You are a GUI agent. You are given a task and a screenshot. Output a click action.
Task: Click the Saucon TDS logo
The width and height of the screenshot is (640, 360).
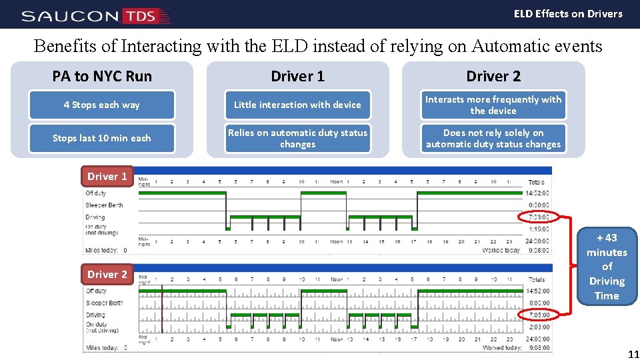tap(95, 15)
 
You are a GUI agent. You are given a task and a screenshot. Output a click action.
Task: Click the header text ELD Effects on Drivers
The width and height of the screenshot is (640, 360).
tap(568, 13)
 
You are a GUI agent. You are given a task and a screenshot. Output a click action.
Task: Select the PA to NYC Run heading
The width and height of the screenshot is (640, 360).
tap(102, 76)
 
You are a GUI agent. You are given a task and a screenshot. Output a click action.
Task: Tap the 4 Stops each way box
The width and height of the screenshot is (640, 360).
tap(102, 105)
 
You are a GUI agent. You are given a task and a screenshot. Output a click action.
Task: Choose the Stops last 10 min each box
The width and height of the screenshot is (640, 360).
tap(102, 138)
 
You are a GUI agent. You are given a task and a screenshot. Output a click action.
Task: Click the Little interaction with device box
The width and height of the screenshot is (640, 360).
tap(297, 105)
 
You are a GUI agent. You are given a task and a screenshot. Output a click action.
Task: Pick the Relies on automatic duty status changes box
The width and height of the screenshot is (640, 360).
tap(297, 138)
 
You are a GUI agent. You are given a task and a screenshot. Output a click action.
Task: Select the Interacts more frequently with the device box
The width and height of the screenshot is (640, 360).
tap(493, 105)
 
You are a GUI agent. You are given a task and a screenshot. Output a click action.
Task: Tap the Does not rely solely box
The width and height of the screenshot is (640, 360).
tap(493, 138)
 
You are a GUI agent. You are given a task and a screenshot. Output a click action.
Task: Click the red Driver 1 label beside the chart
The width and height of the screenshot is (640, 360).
tap(107, 177)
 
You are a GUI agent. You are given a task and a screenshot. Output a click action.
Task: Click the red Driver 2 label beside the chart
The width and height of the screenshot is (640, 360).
tap(107, 274)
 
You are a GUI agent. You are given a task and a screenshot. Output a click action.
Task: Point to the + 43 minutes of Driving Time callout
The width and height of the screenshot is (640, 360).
tap(607, 267)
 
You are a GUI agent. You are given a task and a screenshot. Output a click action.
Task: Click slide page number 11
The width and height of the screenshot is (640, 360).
tap(633, 354)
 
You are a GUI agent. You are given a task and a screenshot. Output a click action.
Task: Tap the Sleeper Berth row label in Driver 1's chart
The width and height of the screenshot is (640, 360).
tap(104, 205)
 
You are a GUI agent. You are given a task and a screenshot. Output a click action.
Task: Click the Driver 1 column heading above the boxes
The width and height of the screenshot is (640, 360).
tap(297, 76)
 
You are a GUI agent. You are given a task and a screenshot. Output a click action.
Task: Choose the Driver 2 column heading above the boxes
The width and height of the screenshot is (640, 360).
tap(493, 76)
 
